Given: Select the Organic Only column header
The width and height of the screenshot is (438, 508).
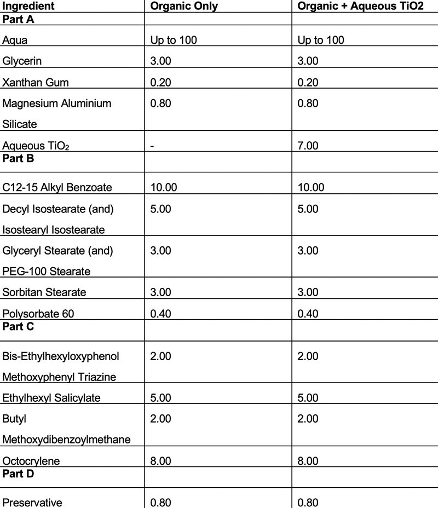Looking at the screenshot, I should click(x=183, y=7).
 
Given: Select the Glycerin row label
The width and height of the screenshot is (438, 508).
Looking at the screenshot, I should click(x=22, y=61).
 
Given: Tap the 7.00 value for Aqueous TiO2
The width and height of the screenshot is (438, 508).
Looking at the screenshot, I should click(x=308, y=145).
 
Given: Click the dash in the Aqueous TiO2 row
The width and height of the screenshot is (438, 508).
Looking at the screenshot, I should click(x=152, y=145).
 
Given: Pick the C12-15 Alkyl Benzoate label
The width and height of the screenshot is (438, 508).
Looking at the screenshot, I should click(x=57, y=188).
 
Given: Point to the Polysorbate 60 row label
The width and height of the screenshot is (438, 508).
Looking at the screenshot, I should click(x=38, y=313).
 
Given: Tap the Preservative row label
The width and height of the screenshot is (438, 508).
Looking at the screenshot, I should click(x=32, y=503).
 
